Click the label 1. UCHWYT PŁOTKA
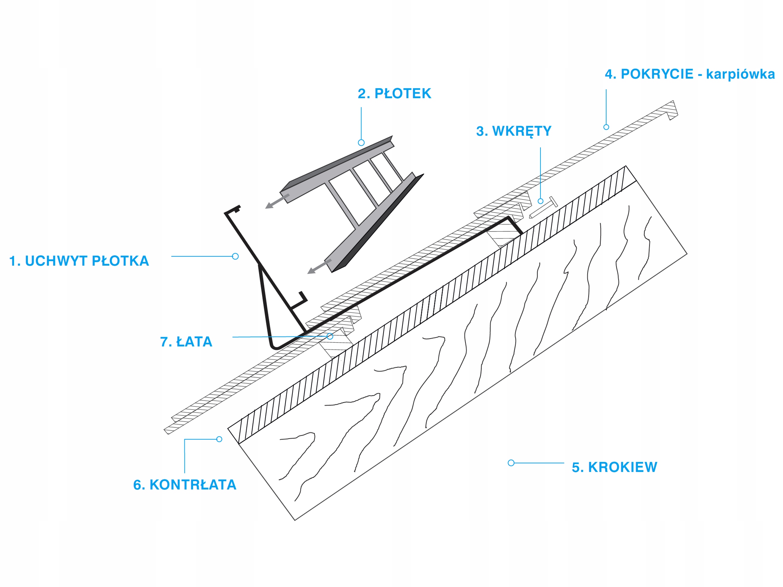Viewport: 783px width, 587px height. coord(79,261)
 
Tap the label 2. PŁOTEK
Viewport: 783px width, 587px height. coord(394,94)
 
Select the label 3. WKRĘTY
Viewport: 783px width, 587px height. coord(514,131)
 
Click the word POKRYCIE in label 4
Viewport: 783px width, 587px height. coord(657,74)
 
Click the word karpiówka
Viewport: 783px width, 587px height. coord(740,74)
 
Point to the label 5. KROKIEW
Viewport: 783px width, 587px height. coord(614,467)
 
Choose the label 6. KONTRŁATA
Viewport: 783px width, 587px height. coord(184,485)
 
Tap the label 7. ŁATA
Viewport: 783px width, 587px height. coord(186,342)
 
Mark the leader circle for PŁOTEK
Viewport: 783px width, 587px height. coord(361,142)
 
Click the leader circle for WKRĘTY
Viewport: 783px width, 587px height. coord(540,201)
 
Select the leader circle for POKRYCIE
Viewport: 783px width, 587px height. coord(606,127)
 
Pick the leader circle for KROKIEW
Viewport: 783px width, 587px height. coord(511,463)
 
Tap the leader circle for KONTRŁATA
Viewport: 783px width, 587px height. coord(219,439)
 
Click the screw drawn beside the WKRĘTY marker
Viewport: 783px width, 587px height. coord(543,208)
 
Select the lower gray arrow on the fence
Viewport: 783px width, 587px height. coord(319,266)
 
